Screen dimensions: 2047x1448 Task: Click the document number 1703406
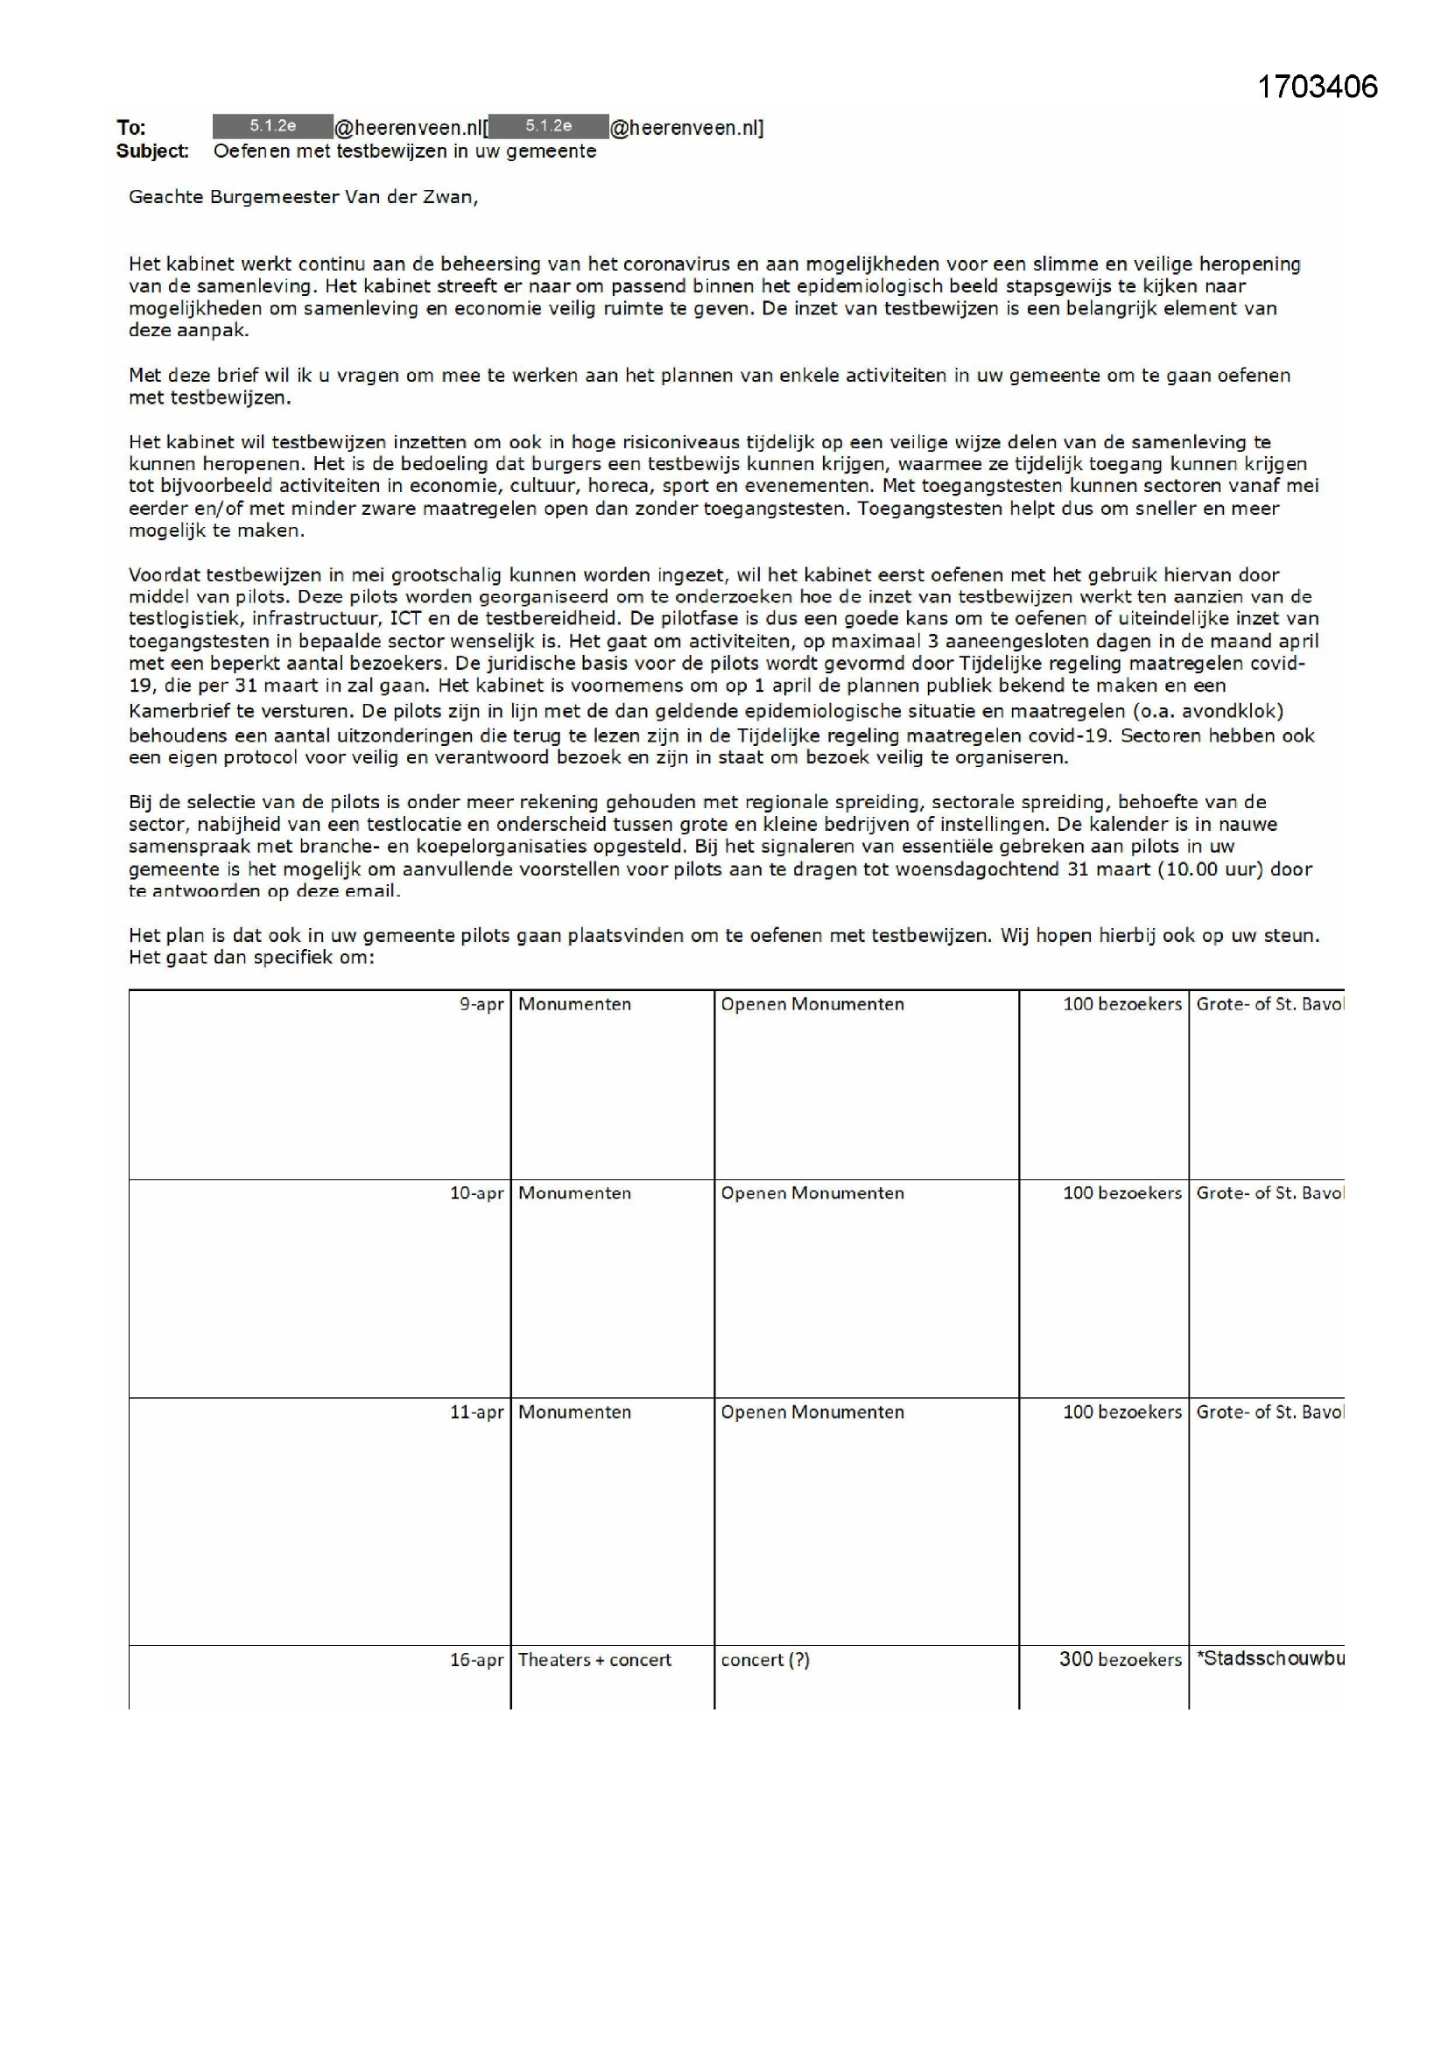tap(1317, 87)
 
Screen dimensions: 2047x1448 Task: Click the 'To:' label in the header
tap(131, 128)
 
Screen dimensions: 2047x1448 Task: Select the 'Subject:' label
tap(151, 151)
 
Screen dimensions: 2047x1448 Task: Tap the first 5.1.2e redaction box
tap(273, 127)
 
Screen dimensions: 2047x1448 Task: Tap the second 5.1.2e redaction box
tap(548, 127)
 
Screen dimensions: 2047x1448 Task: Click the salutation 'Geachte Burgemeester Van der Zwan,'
tap(303, 197)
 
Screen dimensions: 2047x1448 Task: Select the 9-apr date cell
tap(481, 1004)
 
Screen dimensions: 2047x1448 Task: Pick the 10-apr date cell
tap(476, 1192)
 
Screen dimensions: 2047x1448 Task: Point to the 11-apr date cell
tap(476, 1412)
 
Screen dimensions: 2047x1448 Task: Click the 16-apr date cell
tap(476, 1660)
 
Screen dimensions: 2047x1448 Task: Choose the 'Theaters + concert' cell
tap(594, 1660)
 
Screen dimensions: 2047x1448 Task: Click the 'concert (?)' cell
tap(765, 1660)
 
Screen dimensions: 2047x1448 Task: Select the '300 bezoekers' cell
tap(1120, 1660)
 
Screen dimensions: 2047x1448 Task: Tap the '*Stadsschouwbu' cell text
tap(1269, 1658)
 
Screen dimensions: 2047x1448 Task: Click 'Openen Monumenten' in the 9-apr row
tap(812, 1004)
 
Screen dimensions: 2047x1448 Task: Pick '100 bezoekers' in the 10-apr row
tap(1121, 1192)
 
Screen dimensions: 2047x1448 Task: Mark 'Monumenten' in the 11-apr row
tap(574, 1412)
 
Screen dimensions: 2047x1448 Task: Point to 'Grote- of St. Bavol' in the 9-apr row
tap(1269, 1004)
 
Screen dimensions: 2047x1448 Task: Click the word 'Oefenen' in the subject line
tap(251, 151)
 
